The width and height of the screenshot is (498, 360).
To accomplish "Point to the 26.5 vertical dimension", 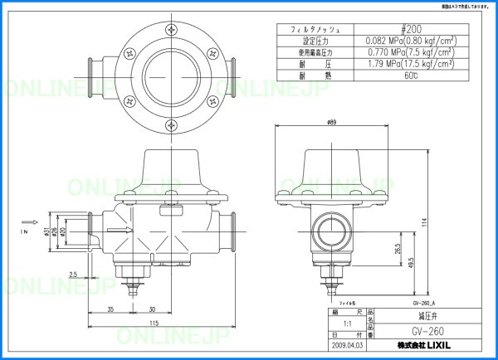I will pos(398,248).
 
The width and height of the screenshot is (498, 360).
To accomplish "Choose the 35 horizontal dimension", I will pos(110,309).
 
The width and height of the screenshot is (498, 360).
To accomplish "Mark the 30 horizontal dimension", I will pos(153,309).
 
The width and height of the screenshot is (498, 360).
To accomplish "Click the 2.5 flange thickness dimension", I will pos(74,273).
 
